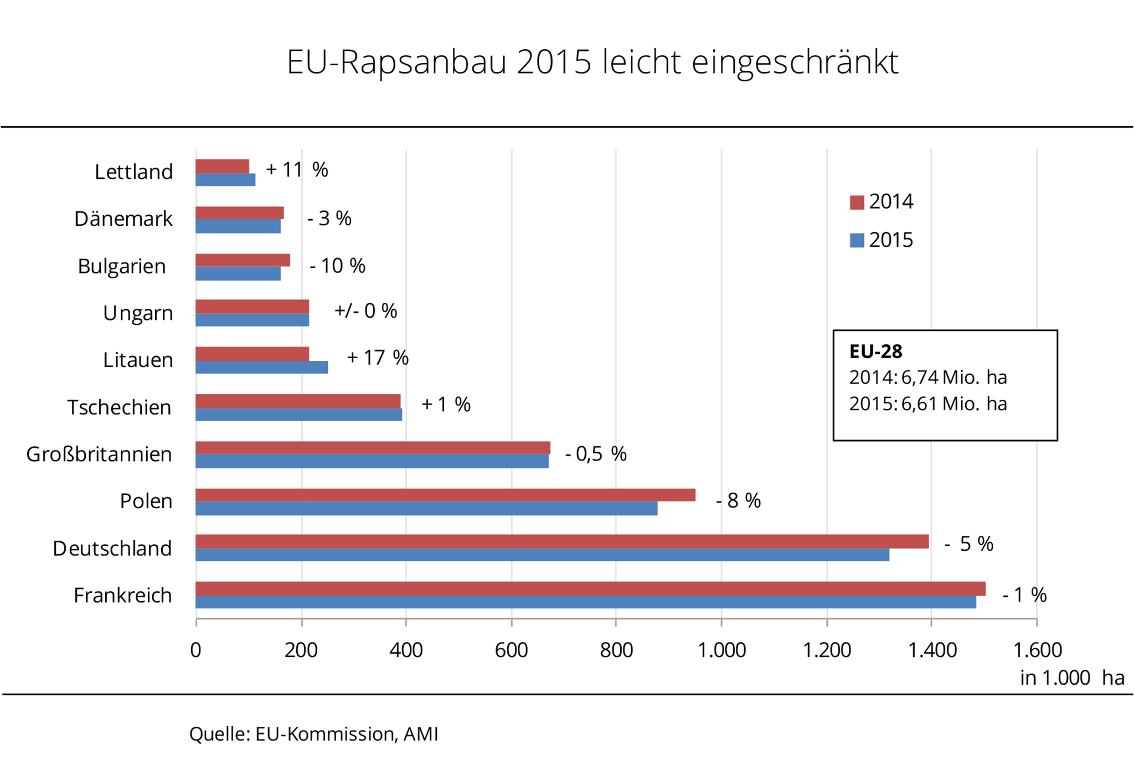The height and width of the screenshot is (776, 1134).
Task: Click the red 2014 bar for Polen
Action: pyautogui.click(x=445, y=495)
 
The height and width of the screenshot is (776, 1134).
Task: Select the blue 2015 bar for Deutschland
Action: pyautogui.click(x=542, y=555)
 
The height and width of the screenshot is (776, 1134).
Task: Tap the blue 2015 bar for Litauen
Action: pyautogui.click(x=261, y=367)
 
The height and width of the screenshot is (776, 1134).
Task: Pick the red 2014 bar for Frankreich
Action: pyautogui.click(x=590, y=588)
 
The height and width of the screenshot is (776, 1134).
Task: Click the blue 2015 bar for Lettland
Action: pyautogui.click(x=225, y=180)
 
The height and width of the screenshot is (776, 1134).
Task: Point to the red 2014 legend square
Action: pyautogui.click(x=857, y=203)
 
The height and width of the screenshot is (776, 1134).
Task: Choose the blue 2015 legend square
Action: pyautogui.click(x=857, y=241)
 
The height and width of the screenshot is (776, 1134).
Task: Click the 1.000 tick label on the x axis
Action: pyautogui.click(x=721, y=650)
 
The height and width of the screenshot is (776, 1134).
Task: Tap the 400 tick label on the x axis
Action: pyautogui.click(x=406, y=650)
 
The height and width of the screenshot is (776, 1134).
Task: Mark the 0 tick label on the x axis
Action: pyautogui.click(x=195, y=650)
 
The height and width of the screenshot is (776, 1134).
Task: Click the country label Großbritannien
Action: pyautogui.click(x=99, y=454)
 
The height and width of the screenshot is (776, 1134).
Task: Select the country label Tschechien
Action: pyautogui.click(x=119, y=407)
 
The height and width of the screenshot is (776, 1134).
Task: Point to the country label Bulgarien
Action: pyautogui.click(x=122, y=266)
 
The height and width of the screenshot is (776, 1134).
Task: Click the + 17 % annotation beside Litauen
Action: pyautogui.click(x=378, y=358)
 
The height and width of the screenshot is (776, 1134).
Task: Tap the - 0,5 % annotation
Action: pyautogui.click(x=596, y=454)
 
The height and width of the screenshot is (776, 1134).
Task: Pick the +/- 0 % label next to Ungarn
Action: pyautogui.click(x=365, y=311)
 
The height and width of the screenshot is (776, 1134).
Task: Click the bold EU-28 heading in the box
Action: pyautogui.click(x=875, y=351)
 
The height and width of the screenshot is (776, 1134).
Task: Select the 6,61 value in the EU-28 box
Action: pyautogui.click(x=919, y=404)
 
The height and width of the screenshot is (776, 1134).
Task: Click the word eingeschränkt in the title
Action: pyautogui.click(x=795, y=62)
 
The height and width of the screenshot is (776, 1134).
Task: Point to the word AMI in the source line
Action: pyautogui.click(x=421, y=734)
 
